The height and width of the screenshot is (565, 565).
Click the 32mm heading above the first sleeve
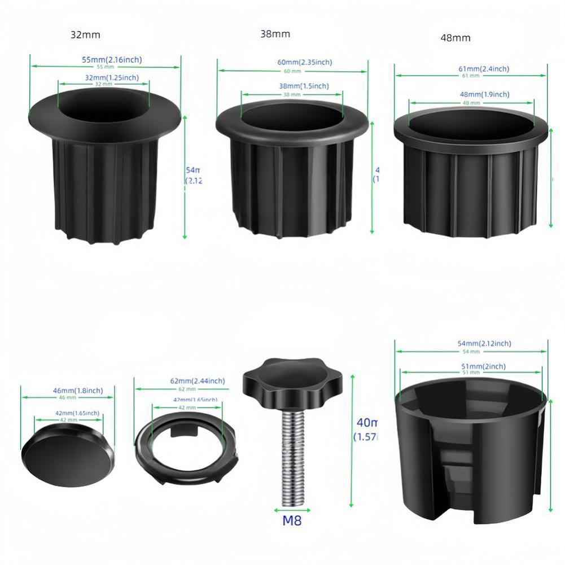(85, 34)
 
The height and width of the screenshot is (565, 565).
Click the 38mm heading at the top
(275, 34)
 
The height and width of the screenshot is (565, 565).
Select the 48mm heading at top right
(455, 38)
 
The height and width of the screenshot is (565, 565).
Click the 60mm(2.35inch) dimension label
(305, 63)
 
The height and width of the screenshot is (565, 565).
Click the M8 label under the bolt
(292, 520)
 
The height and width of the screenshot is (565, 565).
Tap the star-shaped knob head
(278, 380)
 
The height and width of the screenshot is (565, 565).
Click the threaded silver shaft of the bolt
(292, 452)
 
